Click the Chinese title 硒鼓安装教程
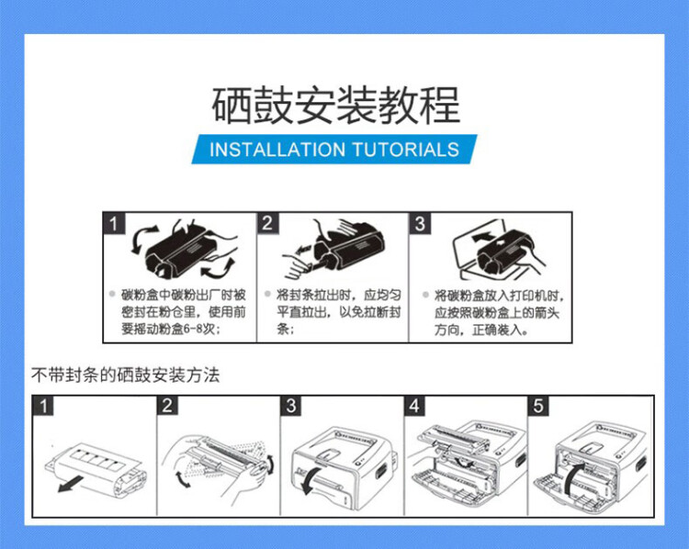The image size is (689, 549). click(335, 106)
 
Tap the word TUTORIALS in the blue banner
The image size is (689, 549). click(404, 150)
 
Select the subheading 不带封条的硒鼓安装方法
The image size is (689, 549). click(126, 375)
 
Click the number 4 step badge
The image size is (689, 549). click(416, 405)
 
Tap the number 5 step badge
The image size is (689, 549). click(538, 405)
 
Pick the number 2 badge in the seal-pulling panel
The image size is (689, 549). click(267, 223)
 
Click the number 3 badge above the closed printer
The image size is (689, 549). click(291, 405)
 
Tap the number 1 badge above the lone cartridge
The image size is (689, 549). click(43, 405)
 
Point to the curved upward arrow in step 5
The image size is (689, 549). click(575, 478)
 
